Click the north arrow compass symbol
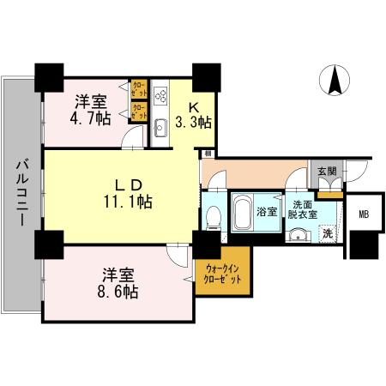tap(332, 81)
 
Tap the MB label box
tap(364, 215)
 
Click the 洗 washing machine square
tap(326, 232)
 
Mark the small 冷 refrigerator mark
tap(208, 154)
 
